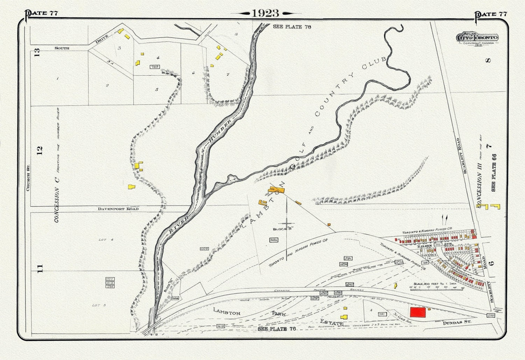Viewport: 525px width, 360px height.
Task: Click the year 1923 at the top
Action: (265, 13)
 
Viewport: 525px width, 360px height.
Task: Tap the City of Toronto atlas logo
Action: (477, 38)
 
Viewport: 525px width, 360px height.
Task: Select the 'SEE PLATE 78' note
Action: (292, 27)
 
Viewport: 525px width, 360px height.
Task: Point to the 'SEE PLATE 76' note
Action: (277, 329)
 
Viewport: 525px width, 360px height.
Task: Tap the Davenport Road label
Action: (118, 209)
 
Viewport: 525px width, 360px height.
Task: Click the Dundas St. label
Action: (457, 322)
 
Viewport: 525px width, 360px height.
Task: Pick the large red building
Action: (418, 312)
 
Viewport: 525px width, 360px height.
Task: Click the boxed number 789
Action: (155, 67)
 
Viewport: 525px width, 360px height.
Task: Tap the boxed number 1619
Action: (221, 326)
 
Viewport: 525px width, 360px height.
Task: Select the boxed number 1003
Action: (204, 249)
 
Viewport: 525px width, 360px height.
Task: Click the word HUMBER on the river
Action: (220, 131)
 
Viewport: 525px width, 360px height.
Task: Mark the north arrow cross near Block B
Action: (287, 223)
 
